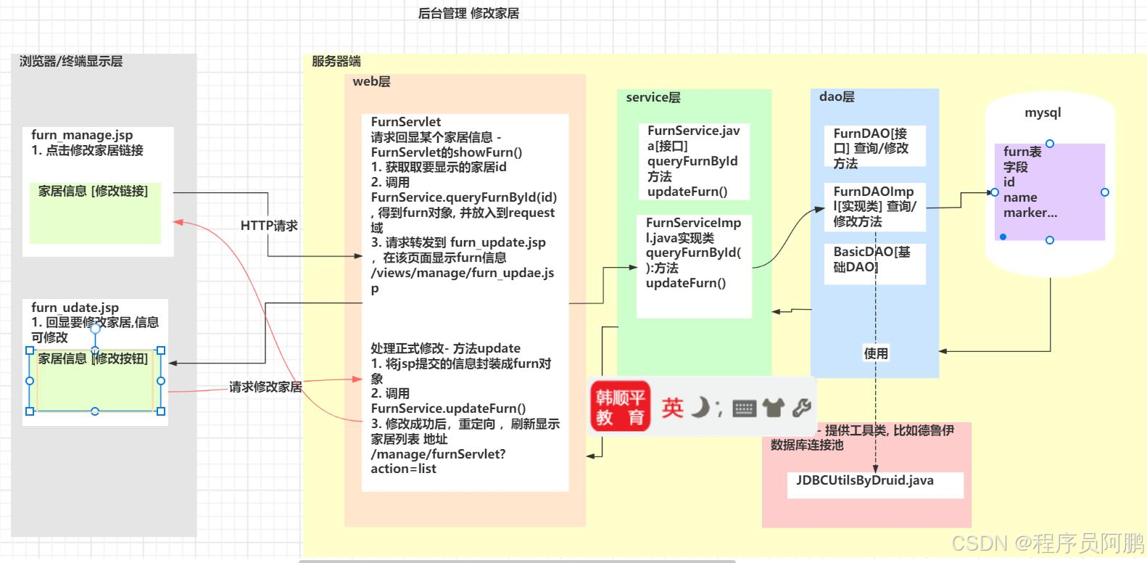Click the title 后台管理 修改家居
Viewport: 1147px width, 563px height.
click(468, 13)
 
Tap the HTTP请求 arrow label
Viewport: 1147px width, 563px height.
click(269, 226)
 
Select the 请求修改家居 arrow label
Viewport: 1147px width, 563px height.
click(265, 387)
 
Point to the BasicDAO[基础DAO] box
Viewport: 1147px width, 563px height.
click(874, 260)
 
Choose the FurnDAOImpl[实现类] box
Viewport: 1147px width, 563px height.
click(874, 207)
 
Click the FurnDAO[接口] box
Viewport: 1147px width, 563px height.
click(874, 148)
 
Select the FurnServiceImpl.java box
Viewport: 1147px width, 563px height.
click(694, 265)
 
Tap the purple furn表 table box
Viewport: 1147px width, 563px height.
click(1049, 192)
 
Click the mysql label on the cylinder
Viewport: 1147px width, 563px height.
click(1043, 112)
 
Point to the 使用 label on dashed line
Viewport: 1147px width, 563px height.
click(876, 353)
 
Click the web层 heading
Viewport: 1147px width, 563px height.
click(371, 82)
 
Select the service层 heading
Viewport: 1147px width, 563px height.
click(653, 97)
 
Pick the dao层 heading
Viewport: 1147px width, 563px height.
click(837, 96)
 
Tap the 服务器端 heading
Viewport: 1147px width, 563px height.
click(336, 61)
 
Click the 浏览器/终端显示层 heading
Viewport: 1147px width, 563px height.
click(71, 62)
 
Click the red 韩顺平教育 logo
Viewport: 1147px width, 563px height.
click(620, 407)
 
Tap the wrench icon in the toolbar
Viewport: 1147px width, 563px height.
click(801, 408)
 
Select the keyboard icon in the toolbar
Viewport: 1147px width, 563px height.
click(744, 408)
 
